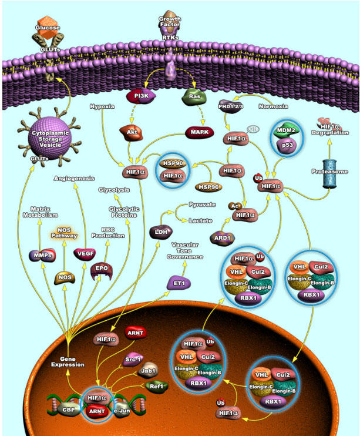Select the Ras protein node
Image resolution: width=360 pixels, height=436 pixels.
pos(193,95)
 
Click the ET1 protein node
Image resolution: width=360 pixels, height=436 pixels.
pos(179,283)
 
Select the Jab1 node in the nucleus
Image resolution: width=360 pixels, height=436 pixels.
pos(147,370)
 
